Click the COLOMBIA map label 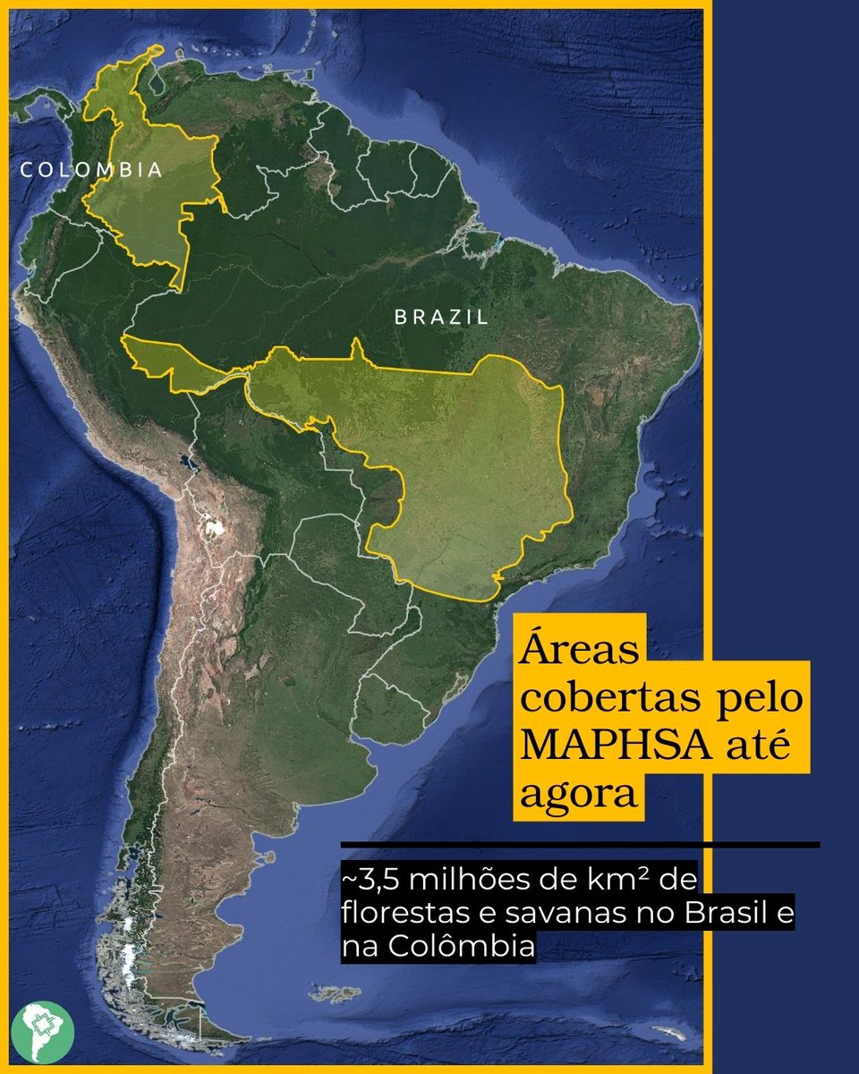point(92,170)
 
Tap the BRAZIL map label point(442,317)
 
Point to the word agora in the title point(578,793)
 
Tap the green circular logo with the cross point(43,1032)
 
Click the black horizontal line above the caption point(580,844)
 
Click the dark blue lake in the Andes point(185,463)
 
